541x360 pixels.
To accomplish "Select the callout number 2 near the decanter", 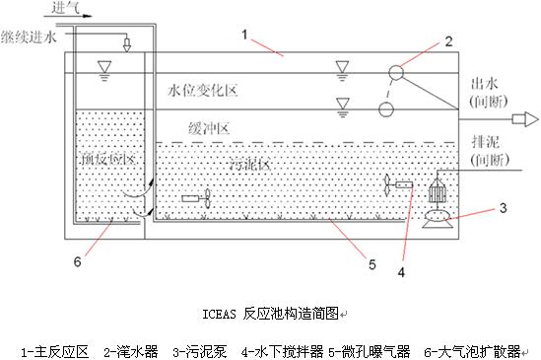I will tap(447, 42).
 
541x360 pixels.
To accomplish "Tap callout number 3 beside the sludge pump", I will tap(504, 207).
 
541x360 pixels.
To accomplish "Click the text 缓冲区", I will tap(211, 129).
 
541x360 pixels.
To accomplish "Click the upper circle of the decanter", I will tap(396, 72).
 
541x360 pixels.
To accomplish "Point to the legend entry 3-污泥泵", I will tap(205, 349).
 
